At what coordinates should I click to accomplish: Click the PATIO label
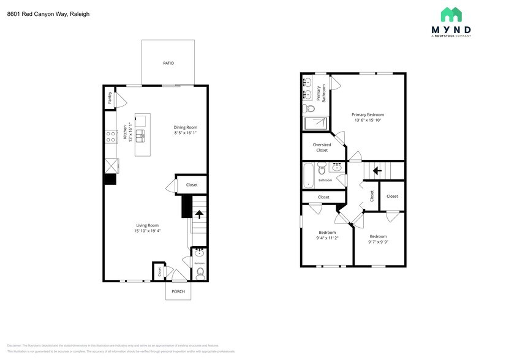tap(168, 63)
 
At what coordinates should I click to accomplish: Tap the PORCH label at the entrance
tap(178, 291)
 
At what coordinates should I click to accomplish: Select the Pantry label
tap(110, 98)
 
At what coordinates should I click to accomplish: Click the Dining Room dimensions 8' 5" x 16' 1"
tap(185, 133)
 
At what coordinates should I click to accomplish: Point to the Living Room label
tap(147, 225)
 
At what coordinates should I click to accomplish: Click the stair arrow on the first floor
tap(198, 214)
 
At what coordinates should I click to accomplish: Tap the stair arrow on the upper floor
tap(378, 171)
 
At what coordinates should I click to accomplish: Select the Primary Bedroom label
tap(368, 114)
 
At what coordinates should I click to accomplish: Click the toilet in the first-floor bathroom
tap(200, 273)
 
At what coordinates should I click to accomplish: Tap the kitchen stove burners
tap(111, 137)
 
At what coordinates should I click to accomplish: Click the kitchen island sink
tap(141, 135)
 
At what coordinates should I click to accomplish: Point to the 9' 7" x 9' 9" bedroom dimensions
tap(378, 242)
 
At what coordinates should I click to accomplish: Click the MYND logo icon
tap(451, 15)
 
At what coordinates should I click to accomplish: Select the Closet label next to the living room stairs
tap(192, 185)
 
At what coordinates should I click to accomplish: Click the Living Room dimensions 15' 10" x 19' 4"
tap(147, 231)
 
